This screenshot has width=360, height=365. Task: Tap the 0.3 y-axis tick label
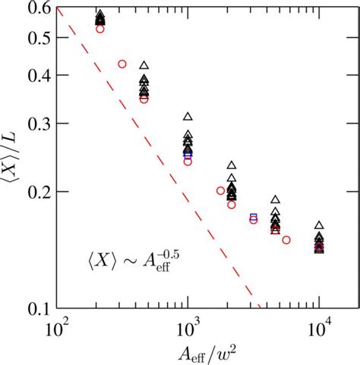coord(36,124)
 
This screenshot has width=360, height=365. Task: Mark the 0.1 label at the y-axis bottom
coord(36,309)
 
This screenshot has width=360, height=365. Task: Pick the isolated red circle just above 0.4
coord(122,64)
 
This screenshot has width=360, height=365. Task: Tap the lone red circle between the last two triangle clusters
coord(286,240)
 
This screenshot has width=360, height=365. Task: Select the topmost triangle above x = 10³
coord(188,117)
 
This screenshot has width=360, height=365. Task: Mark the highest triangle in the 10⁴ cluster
coord(320,225)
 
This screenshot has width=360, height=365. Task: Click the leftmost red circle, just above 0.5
coord(100,28)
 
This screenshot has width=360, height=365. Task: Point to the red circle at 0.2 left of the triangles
coord(220,190)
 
